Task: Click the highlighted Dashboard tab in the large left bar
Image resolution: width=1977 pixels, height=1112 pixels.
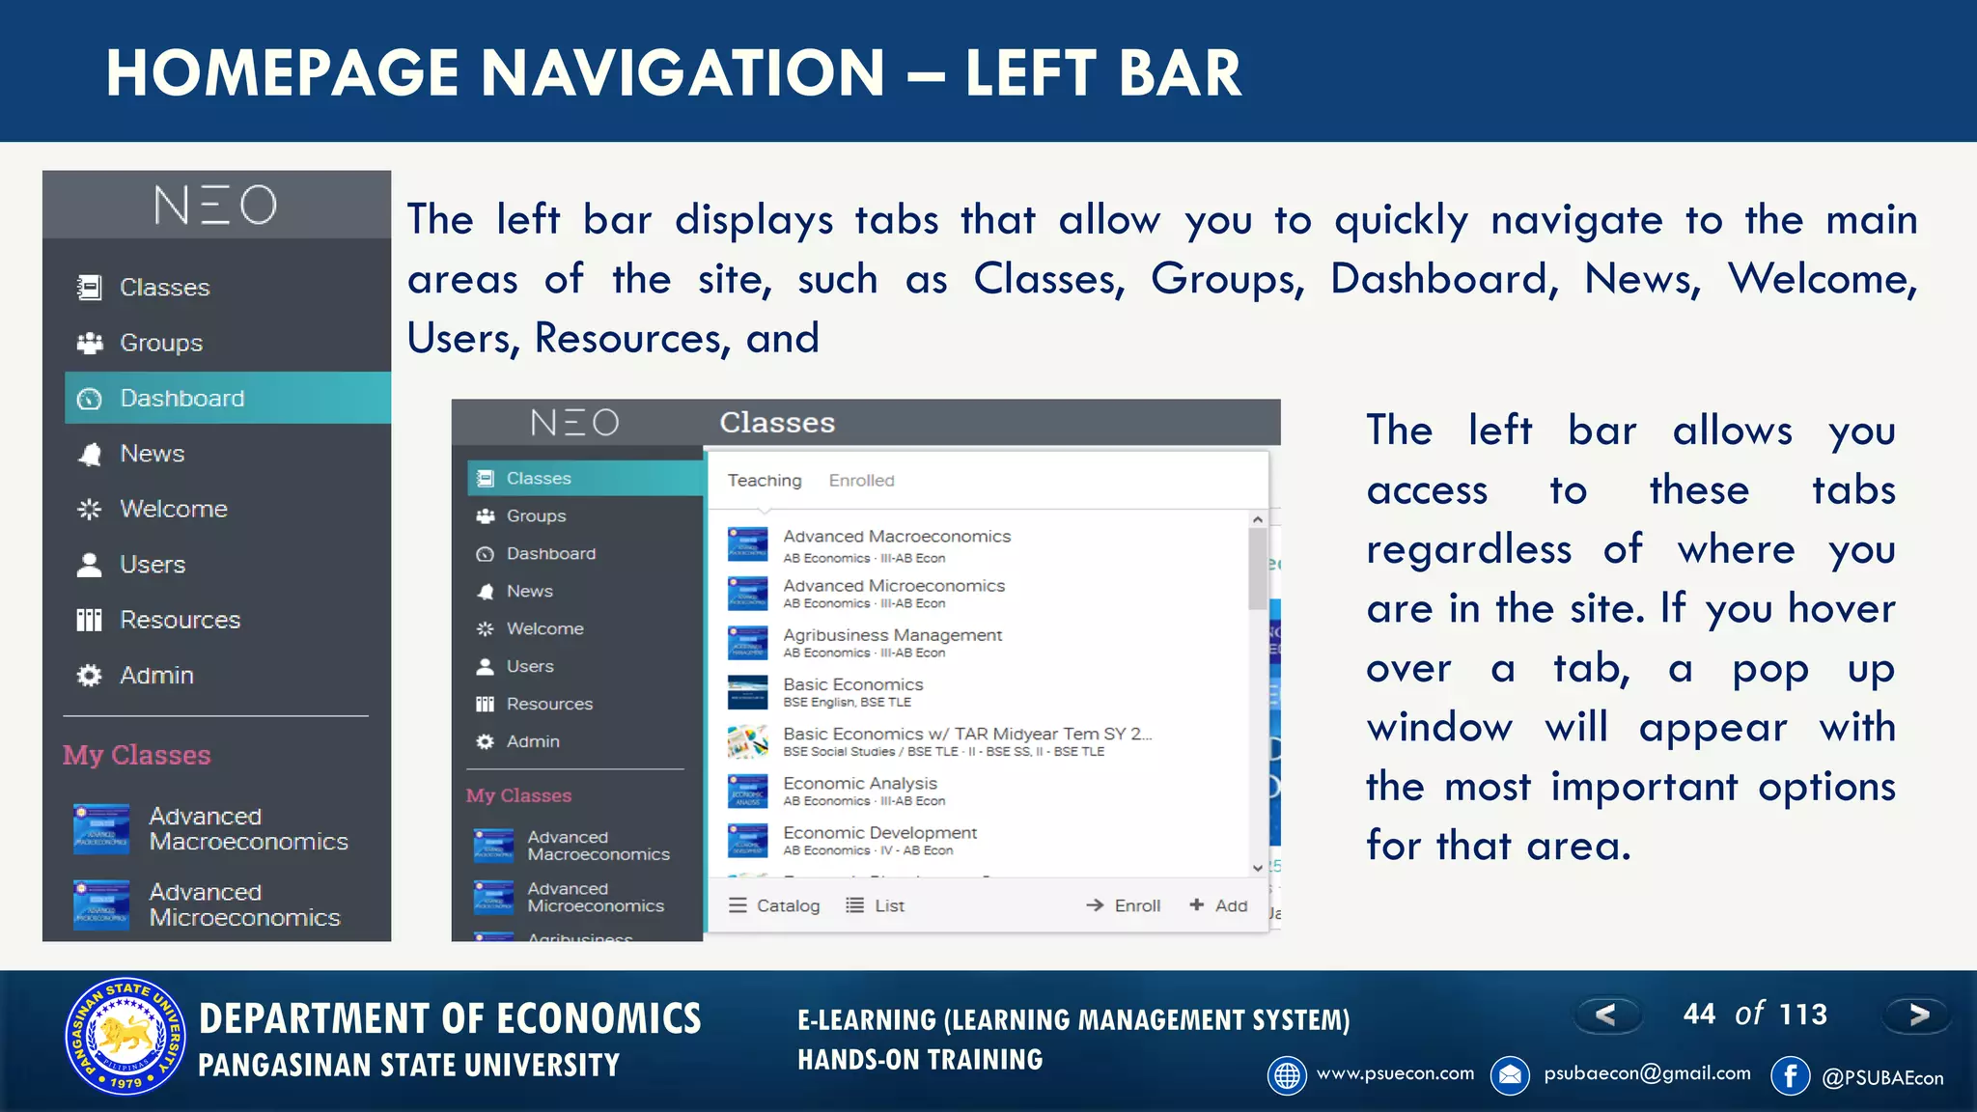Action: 181,399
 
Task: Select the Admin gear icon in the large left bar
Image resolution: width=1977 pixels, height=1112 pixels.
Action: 89,676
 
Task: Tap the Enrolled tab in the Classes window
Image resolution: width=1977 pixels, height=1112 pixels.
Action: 861,481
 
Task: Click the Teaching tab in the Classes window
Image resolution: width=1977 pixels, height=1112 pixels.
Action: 764,481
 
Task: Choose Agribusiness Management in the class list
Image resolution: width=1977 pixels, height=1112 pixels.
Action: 892,635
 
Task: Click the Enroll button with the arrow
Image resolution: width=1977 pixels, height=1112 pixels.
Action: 1124,905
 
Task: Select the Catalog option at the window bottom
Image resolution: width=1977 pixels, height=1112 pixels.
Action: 774,905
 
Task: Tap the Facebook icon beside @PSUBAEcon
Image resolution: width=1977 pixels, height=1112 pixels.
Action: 1790,1076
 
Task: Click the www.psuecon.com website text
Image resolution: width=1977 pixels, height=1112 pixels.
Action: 1395,1073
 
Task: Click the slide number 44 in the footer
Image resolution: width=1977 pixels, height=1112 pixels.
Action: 1699,1015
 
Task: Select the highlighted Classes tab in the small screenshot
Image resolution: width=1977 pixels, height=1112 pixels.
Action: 538,479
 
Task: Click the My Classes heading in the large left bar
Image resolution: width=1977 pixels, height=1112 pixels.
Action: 137,755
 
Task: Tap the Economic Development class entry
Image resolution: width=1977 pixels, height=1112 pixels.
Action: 879,833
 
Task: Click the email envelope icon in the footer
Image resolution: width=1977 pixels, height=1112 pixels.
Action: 1510,1075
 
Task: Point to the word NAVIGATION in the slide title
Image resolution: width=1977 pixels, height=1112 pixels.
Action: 682,73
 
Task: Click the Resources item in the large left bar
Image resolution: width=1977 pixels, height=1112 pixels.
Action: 180,620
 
